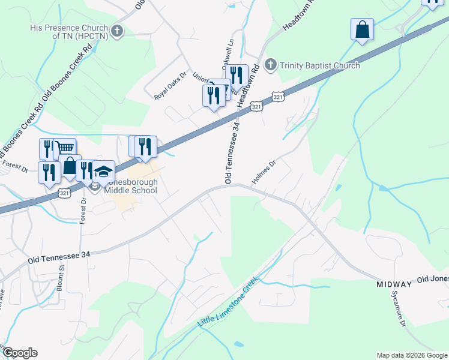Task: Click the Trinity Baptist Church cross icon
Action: (271, 65)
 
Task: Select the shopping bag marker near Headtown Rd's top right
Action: (363, 29)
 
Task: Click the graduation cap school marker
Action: (103, 171)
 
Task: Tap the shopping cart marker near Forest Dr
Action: (65, 148)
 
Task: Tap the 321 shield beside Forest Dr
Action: (65, 193)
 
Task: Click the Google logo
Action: (19, 353)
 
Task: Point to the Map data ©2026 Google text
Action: (411, 355)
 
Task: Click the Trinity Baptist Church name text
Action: (319, 65)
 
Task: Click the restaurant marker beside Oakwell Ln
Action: (238, 76)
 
